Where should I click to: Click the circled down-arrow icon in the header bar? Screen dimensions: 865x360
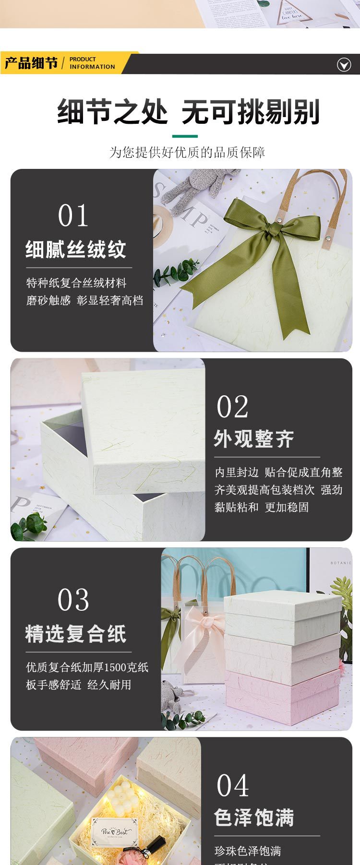(344, 64)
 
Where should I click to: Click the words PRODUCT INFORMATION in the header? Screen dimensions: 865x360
(92, 63)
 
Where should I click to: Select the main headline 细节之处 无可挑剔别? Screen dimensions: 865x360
(188, 112)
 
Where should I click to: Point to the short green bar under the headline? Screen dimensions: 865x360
(185, 136)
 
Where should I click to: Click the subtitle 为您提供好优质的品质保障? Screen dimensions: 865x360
(187, 153)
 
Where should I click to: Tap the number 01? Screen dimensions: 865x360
(73, 215)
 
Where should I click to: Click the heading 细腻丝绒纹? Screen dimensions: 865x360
(76, 249)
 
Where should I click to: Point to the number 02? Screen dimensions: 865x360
(232, 407)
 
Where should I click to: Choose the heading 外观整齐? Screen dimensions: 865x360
(254, 438)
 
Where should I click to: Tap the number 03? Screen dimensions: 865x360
(73, 600)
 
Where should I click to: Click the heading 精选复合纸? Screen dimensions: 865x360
(76, 634)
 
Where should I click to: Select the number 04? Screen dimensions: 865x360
(232, 785)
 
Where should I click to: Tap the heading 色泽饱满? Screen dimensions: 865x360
(254, 818)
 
